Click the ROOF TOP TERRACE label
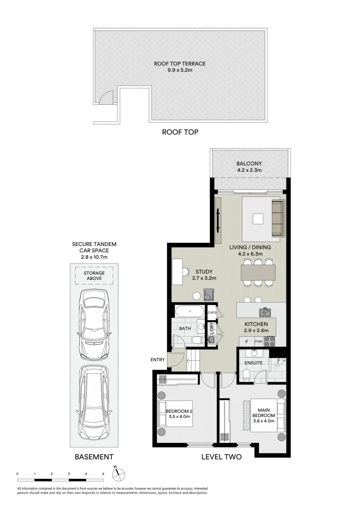tap(180, 63)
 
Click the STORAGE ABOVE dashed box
tap(94, 276)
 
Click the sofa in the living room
tap(278, 218)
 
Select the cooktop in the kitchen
tap(270, 341)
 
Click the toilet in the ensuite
tap(246, 374)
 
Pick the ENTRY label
tap(158, 360)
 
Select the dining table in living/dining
tap(258, 272)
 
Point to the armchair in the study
tap(209, 295)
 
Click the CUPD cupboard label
tap(212, 313)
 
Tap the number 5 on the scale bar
tap(103, 473)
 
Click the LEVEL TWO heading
tap(221, 457)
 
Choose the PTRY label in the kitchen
tap(259, 341)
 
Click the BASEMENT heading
tap(94, 457)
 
